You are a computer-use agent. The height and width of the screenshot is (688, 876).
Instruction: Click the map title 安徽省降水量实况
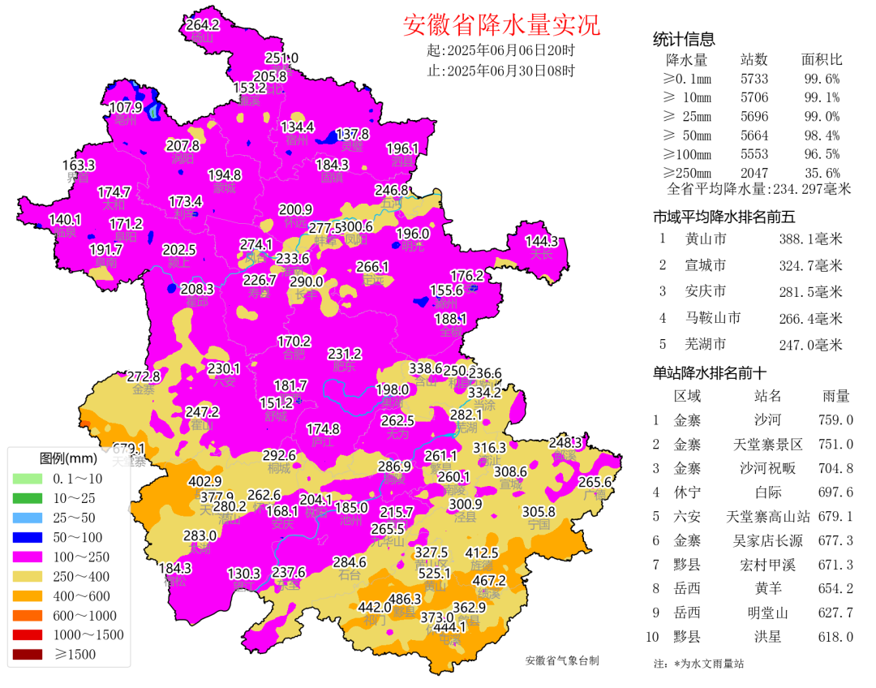[501, 25]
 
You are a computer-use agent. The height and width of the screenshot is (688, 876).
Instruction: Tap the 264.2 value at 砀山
[202, 25]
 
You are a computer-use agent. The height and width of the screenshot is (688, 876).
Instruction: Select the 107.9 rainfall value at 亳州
[126, 107]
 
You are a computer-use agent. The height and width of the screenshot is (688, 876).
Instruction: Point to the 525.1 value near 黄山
[435, 573]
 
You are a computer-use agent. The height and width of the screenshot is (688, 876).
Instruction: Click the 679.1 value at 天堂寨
[129, 449]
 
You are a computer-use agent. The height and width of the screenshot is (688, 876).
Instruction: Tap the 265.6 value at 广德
[595, 481]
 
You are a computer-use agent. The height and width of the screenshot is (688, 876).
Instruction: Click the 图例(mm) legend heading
[68, 458]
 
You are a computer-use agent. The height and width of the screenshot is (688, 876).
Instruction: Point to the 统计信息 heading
[684, 40]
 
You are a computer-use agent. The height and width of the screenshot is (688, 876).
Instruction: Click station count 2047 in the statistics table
[754, 173]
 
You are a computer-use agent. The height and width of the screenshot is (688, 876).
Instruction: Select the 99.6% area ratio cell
[821, 79]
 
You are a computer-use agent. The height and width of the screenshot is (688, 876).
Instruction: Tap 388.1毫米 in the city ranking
[810, 239]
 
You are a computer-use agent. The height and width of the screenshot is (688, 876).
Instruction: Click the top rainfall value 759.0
[835, 420]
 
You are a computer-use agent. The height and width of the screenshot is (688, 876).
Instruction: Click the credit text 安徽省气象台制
[562, 660]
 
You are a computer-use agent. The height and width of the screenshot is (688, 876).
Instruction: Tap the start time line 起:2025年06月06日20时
[500, 50]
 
